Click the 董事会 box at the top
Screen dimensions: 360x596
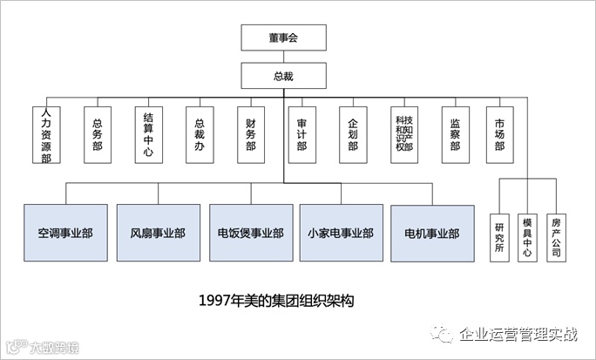pos(284,37)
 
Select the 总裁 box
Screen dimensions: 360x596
pos(284,76)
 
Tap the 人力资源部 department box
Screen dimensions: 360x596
pos(45,135)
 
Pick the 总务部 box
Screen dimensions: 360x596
pos(97,135)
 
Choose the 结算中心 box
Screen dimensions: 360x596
pos(147,135)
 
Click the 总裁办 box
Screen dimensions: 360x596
pos(200,135)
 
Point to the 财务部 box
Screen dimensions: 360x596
pos(251,135)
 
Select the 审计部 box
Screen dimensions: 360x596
pos(301,135)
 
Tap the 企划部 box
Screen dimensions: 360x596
pos(353,135)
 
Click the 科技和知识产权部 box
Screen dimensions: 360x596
pos(403,135)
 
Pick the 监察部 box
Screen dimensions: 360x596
pos(455,135)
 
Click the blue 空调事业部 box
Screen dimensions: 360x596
pos(65,233)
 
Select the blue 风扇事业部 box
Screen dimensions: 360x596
pos(158,233)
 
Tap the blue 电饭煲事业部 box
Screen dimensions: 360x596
pos(250,233)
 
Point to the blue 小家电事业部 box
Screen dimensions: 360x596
pos(341,233)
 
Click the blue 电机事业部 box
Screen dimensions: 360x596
pos(433,233)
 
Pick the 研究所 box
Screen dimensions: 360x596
pos(499,235)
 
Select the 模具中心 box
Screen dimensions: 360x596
pos(526,235)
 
